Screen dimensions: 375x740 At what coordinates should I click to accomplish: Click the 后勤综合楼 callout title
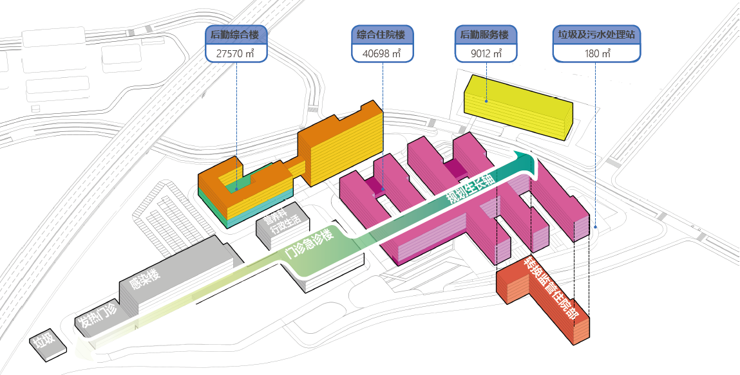(236, 35)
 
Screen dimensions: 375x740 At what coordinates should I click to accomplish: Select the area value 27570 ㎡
(236, 53)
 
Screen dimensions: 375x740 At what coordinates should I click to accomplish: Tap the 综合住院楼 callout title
(383, 35)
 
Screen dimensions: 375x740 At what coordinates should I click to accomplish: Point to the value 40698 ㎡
(383, 53)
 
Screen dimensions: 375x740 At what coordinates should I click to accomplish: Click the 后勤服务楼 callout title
(486, 35)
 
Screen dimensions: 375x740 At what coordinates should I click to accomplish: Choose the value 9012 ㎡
(486, 53)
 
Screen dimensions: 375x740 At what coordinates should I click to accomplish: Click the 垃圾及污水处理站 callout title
(596, 35)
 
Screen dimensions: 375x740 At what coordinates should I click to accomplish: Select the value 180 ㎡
(596, 53)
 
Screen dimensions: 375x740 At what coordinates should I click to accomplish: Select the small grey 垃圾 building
(47, 343)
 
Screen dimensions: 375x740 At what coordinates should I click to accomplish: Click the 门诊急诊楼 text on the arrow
(310, 244)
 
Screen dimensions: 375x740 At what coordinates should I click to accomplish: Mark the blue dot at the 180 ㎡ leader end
(596, 226)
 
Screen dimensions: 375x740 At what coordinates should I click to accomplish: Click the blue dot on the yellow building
(486, 101)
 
